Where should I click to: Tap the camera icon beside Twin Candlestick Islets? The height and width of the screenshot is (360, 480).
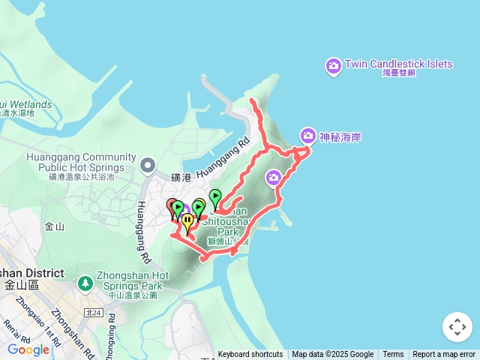(x=334, y=67)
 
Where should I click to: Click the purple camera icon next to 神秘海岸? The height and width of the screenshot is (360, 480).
(x=307, y=136)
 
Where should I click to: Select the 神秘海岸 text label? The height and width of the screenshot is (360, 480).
(x=335, y=136)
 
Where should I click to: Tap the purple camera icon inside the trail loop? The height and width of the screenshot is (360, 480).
(x=274, y=177)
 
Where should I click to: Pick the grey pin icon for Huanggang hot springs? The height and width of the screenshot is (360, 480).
(x=148, y=163)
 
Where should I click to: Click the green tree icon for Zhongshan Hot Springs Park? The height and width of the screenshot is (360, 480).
(x=85, y=283)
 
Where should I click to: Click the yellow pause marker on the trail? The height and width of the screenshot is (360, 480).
(x=187, y=220)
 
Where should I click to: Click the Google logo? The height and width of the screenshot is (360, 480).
(x=28, y=349)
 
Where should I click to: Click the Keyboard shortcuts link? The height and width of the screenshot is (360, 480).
(x=250, y=355)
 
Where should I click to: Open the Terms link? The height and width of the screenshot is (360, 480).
(x=393, y=355)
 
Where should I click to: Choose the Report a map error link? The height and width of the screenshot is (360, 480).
(x=444, y=355)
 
